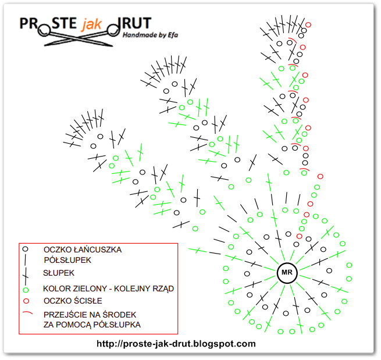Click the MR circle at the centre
pyautogui.click(x=286, y=272)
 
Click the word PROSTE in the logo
pyautogui.click(x=48, y=23)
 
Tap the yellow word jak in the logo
pyautogui.click(x=91, y=23)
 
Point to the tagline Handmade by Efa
pyautogui.click(x=150, y=35)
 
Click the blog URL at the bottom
pyautogui.click(x=176, y=344)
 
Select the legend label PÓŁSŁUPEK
pyautogui.click(x=67, y=260)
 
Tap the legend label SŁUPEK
pyautogui.click(x=58, y=272)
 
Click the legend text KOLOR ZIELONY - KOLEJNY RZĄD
pyautogui.click(x=108, y=288)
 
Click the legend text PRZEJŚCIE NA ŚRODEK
pyautogui.click(x=87, y=315)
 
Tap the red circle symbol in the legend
pyautogui.click(x=25, y=301)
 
